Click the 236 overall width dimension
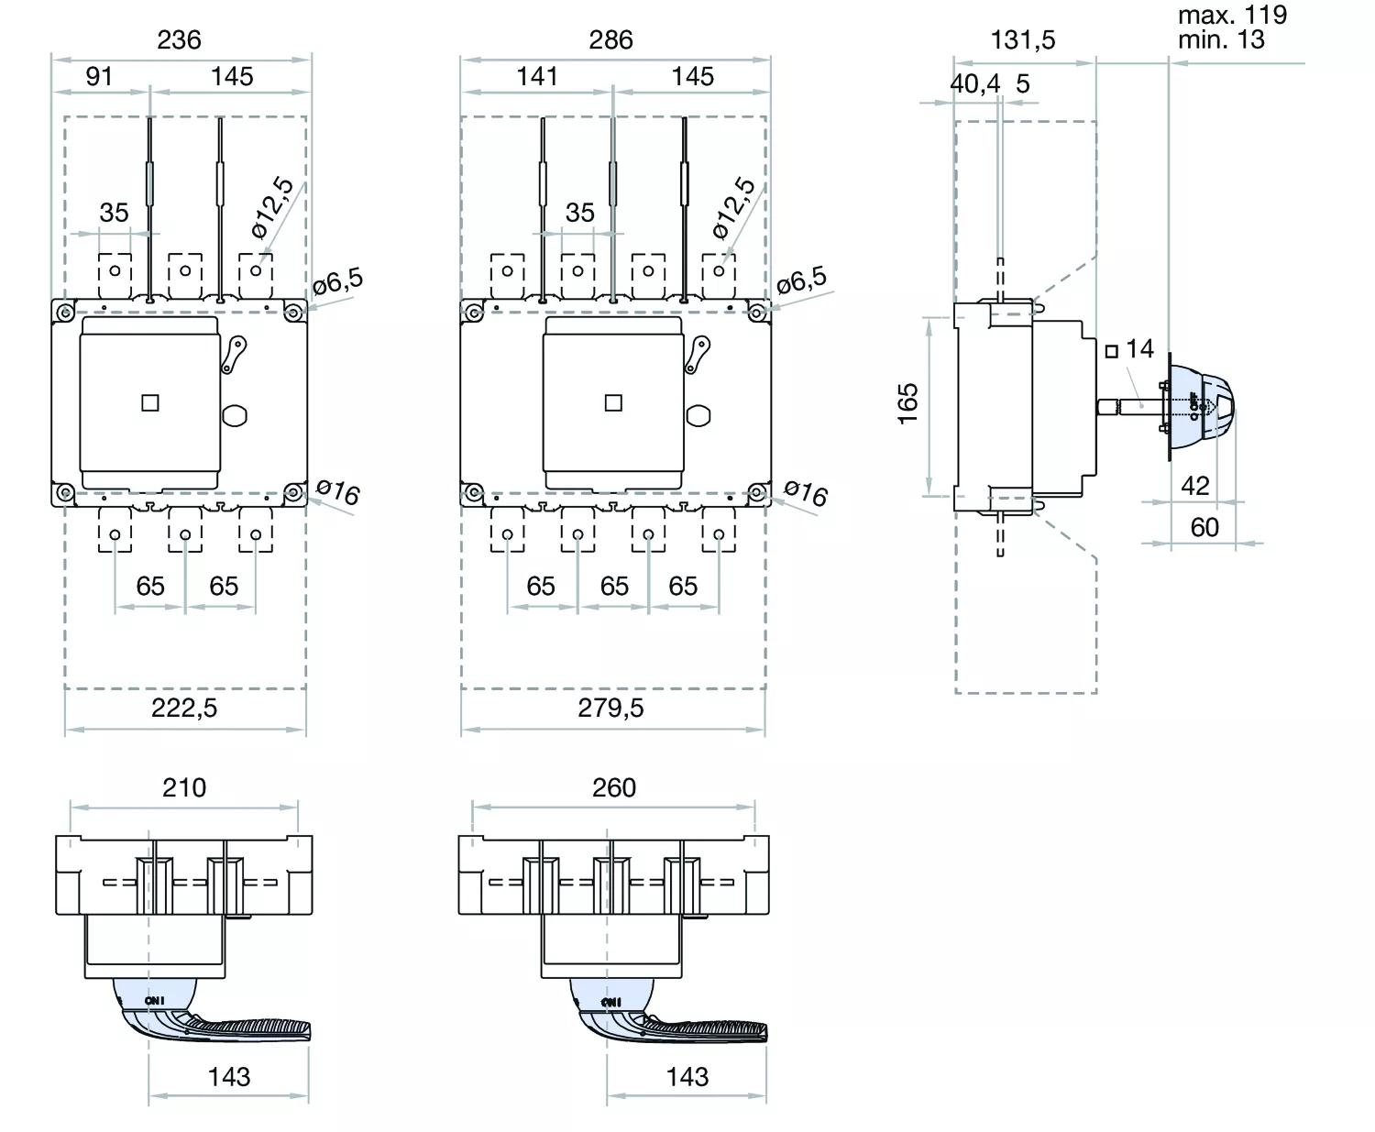[x=179, y=40]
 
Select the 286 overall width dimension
[x=610, y=40]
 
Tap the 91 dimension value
[x=99, y=77]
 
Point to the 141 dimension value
[x=536, y=77]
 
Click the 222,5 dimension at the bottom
[x=184, y=708]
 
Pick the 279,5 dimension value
[x=610, y=708]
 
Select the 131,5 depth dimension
[x=1023, y=40]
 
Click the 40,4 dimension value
[x=974, y=84]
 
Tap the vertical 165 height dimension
[x=907, y=403]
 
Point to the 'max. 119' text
[x=1232, y=16]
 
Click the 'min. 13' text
[x=1221, y=40]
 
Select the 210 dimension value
[x=184, y=787]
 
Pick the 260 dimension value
[x=613, y=787]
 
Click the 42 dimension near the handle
[x=1194, y=486]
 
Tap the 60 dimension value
[x=1204, y=527]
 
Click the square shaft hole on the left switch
[x=150, y=402]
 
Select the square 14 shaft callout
[x=1129, y=349]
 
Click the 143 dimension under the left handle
[x=228, y=1077]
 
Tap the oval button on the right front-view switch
[x=699, y=415]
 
